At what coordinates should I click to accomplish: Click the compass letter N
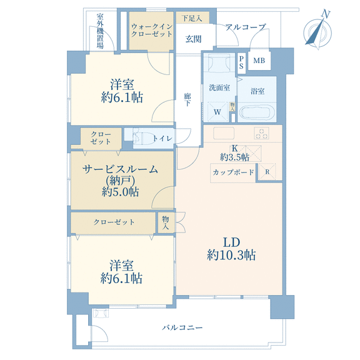pos(326,14)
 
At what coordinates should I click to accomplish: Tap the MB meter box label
pos(259,61)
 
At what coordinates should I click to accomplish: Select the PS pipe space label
pos(241,62)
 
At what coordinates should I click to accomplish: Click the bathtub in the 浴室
pos(257,112)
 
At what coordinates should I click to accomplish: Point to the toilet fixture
pos(142,138)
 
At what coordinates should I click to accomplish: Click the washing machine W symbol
pos(217,112)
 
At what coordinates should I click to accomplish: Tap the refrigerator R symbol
pos(267,172)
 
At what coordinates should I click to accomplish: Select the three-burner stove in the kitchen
pos(261,133)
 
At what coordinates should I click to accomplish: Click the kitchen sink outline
pos(224,133)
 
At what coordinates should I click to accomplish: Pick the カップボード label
pos(233,172)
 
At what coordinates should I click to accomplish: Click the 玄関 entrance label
pos(193,39)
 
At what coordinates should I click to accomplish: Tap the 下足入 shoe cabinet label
pos(192,18)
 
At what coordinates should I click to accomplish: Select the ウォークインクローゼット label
pos(152,30)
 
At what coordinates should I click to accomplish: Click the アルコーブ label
pos(246,27)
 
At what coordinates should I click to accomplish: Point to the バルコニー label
pos(182,327)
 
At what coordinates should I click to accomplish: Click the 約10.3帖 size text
pos(231,255)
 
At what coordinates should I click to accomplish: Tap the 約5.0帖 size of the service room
pos(120,192)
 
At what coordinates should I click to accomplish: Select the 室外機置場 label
pos(100,31)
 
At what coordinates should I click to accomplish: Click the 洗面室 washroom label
pos(219,87)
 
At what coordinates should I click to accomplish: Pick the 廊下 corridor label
pos(187,99)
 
